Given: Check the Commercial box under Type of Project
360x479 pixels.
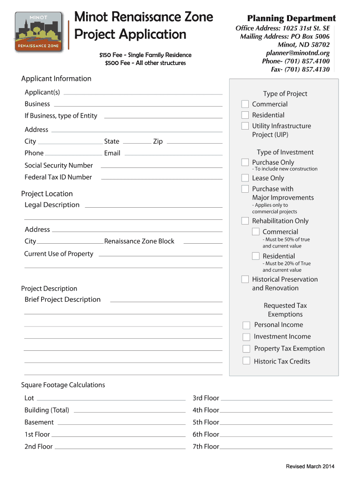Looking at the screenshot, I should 245,104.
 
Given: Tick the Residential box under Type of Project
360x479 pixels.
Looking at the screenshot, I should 245,115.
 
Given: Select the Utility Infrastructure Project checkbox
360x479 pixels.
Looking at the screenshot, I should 245,126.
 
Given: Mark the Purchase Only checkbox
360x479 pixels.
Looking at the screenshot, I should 245,162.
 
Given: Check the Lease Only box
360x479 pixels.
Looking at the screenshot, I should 245,178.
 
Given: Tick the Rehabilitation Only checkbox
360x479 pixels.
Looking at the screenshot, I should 245,221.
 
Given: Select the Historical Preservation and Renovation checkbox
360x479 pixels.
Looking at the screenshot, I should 245,279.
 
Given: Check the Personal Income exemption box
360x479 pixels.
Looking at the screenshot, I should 246,325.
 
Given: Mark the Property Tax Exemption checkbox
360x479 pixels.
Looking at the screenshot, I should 246,348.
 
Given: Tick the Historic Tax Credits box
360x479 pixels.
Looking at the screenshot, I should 246,361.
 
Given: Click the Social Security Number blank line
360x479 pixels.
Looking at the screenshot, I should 161,167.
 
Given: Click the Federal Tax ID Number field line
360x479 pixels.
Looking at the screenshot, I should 161,178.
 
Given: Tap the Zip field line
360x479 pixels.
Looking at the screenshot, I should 194,142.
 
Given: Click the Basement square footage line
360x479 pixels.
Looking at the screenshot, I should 121,424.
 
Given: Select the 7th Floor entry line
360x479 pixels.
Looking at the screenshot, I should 276,448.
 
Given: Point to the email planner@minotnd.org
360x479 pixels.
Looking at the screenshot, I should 297,53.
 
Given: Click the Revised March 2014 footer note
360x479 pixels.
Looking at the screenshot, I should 310,466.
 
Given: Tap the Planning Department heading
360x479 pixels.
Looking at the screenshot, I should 291,19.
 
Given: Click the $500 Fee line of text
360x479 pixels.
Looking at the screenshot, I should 145,63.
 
